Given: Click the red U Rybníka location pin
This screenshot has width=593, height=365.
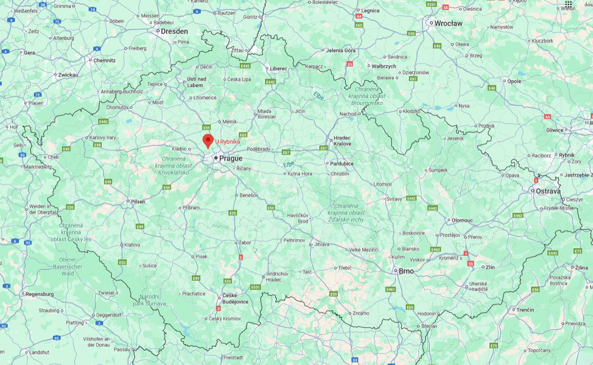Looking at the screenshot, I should tap(208, 140).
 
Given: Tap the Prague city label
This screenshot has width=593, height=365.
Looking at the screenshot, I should tap(231, 158).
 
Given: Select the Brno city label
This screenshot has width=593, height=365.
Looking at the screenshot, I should tap(406, 271).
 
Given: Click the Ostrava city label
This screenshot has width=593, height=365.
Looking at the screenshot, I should tap(548, 191).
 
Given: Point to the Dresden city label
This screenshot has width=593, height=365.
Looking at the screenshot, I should tap(174, 32).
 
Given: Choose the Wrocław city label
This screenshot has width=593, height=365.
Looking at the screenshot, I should tap(448, 23).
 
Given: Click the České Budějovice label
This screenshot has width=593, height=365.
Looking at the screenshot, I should tap(235, 299).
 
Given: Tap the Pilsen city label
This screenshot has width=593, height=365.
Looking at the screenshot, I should tap(138, 202).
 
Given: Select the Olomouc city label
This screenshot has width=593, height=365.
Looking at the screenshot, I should tap(462, 220).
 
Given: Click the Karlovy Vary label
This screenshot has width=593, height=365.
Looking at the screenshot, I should tap(103, 137).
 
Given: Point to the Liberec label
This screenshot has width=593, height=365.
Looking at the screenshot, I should tap(279, 69).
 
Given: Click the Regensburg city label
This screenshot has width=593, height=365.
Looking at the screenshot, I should tap(40, 294).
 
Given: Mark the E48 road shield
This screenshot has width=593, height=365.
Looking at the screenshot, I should tap(97, 145).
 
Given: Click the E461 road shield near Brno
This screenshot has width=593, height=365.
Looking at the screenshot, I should tap(390, 289).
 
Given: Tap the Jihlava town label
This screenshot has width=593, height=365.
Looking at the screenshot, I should tap(322, 244).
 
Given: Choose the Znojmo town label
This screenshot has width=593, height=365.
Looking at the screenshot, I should tap(361, 313).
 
